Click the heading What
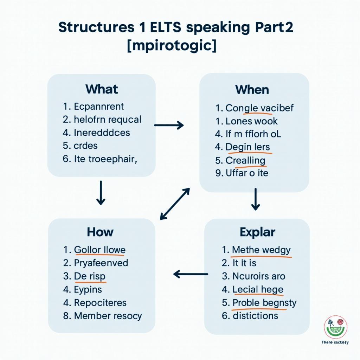pyautogui.click(x=102, y=89)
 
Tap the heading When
pyautogui.click(x=252, y=90)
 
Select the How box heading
pyautogui.click(x=100, y=232)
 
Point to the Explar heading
pyautogui.click(x=257, y=232)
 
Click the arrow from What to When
pyautogui.click(x=169, y=125)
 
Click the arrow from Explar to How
pyautogui.click(x=191, y=274)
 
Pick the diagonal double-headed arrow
pyautogui.click(x=175, y=204)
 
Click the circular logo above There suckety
pyautogui.click(x=335, y=327)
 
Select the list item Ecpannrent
pyautogui.click(x=99, y=106)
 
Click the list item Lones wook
pyautogui.click(x=251, y=121)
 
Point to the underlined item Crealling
pyautogui.click(x=245, y=160)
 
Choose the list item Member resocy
pyautogui.click(x=108, y=316)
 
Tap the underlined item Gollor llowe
pyautogui.click(x=99, y=250)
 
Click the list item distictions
pyautogui.click(x=255, y=315)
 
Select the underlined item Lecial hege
pyautogui.click(x=258, y=289)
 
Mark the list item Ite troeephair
pyautogui.click(x=104, y=159)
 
